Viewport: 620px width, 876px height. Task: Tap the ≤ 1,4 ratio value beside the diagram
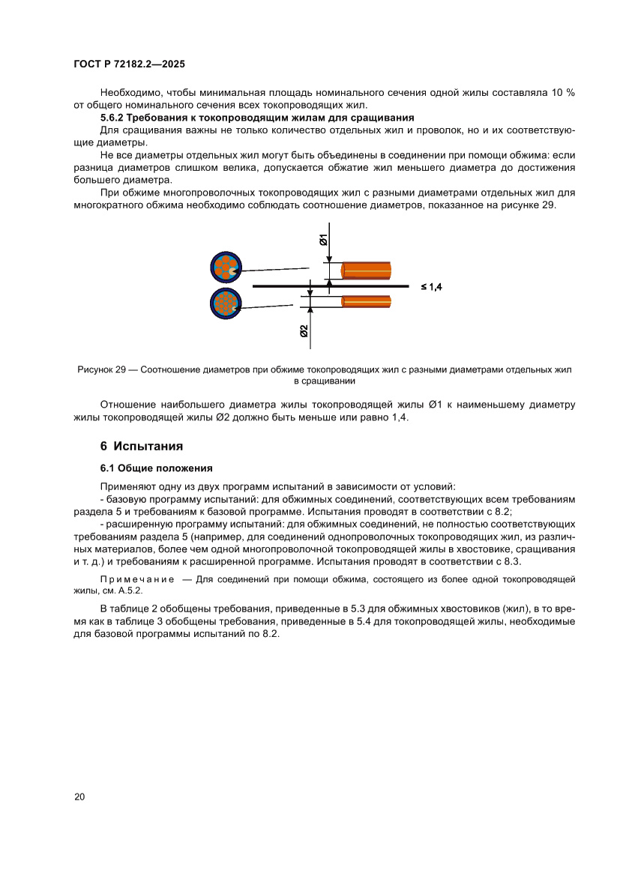431,286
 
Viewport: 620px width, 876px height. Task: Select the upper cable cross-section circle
225,268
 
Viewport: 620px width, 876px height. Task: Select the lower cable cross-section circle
225,303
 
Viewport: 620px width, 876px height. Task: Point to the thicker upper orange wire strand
367,271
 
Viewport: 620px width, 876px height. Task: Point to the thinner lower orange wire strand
367,301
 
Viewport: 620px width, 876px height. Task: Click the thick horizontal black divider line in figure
330,286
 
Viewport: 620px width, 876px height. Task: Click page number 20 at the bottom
79,797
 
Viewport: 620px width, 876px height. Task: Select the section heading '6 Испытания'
142,446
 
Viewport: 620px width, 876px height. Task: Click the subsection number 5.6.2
113,118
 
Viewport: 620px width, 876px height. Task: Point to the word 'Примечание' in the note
136,579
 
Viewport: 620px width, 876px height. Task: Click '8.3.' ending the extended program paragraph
511,561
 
